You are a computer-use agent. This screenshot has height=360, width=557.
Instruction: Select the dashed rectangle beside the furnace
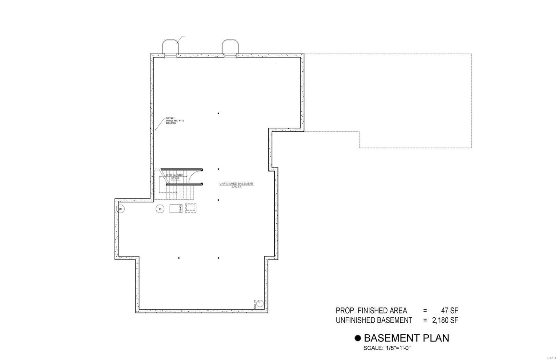coord(190,208)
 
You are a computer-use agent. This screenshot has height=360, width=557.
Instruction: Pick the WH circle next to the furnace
coord(160,209)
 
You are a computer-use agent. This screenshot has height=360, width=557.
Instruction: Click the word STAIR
coord(175,178)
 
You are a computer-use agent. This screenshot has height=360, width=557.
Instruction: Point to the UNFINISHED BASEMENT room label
coord(236,184)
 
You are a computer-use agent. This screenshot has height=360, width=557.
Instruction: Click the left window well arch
coord(171,46)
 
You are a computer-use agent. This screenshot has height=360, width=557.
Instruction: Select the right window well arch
coord(230,46)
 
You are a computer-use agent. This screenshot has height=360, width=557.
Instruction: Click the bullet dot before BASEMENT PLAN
coord(358,338)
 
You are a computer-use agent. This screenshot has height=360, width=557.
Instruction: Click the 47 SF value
coord(450,311)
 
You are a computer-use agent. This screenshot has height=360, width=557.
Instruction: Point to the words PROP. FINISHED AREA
coord(371,311)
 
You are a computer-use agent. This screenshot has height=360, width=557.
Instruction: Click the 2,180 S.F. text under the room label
coord(236,187)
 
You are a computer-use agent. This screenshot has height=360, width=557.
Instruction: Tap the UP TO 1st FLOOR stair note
coord(174,175)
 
